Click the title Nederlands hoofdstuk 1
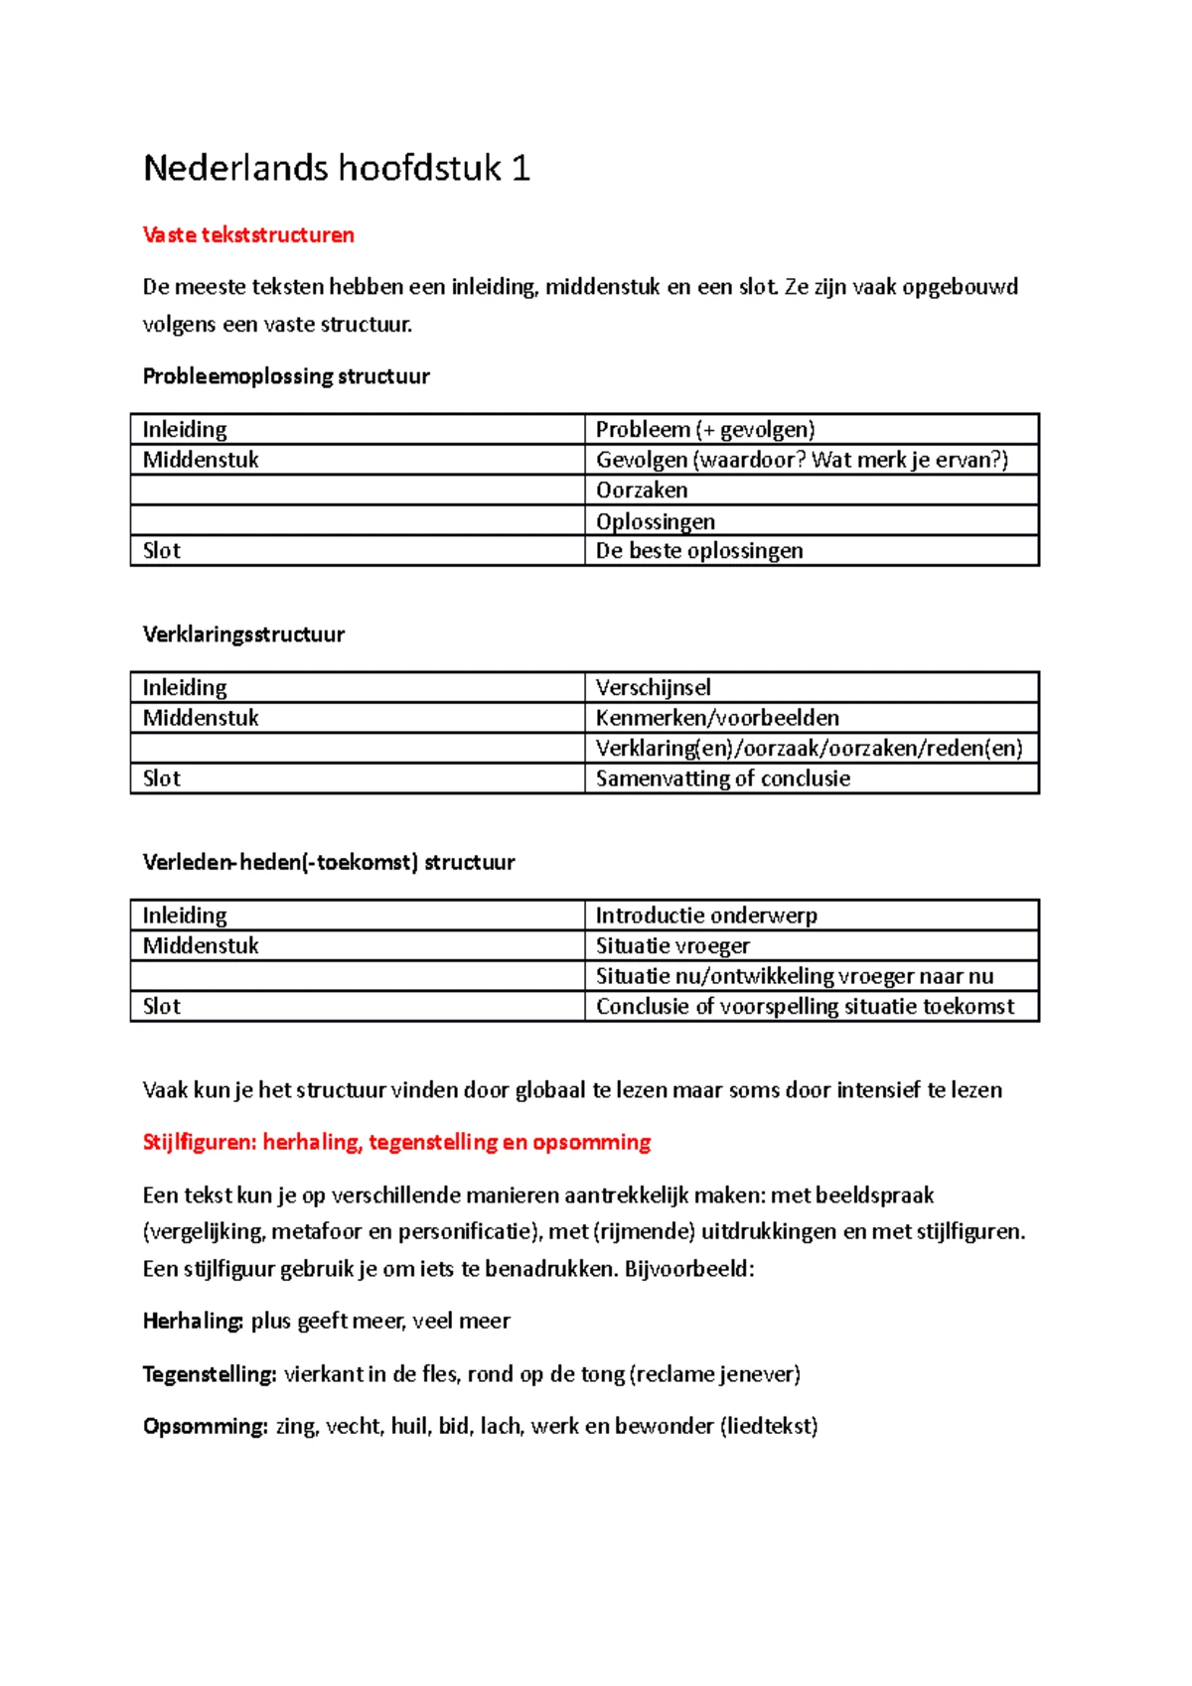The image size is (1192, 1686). (x=337, y=168)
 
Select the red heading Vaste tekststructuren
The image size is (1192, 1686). (x=248, y=235)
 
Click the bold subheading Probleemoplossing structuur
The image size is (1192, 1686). (x=286, y=376)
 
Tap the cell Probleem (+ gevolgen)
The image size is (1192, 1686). (x=705, y=429)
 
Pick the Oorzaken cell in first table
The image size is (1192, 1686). (x=642, y=491)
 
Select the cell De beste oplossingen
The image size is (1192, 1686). (x=699, y=551)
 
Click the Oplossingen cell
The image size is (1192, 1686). (x=656, y=521)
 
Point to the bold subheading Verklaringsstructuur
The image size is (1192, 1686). (x=243, y=634)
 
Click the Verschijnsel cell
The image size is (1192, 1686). (x=653, y=687)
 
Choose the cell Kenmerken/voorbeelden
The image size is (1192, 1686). (x=717, y=718)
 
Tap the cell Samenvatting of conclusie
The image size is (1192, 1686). (x=723, y=778)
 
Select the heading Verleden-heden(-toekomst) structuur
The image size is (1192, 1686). (x=329, y=862)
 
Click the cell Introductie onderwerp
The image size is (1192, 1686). (x=706, y=915)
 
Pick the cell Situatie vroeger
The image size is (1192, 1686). (x=672, y=946)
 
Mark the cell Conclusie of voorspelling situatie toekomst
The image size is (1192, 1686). (x=805, y=1007)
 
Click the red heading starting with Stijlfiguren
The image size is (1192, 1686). (x=396, y=1142)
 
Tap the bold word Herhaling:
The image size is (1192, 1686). (x=193, y=1322)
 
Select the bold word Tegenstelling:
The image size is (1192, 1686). (x=210, y=1374)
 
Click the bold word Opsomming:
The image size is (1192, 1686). (x=205, y=1427)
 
